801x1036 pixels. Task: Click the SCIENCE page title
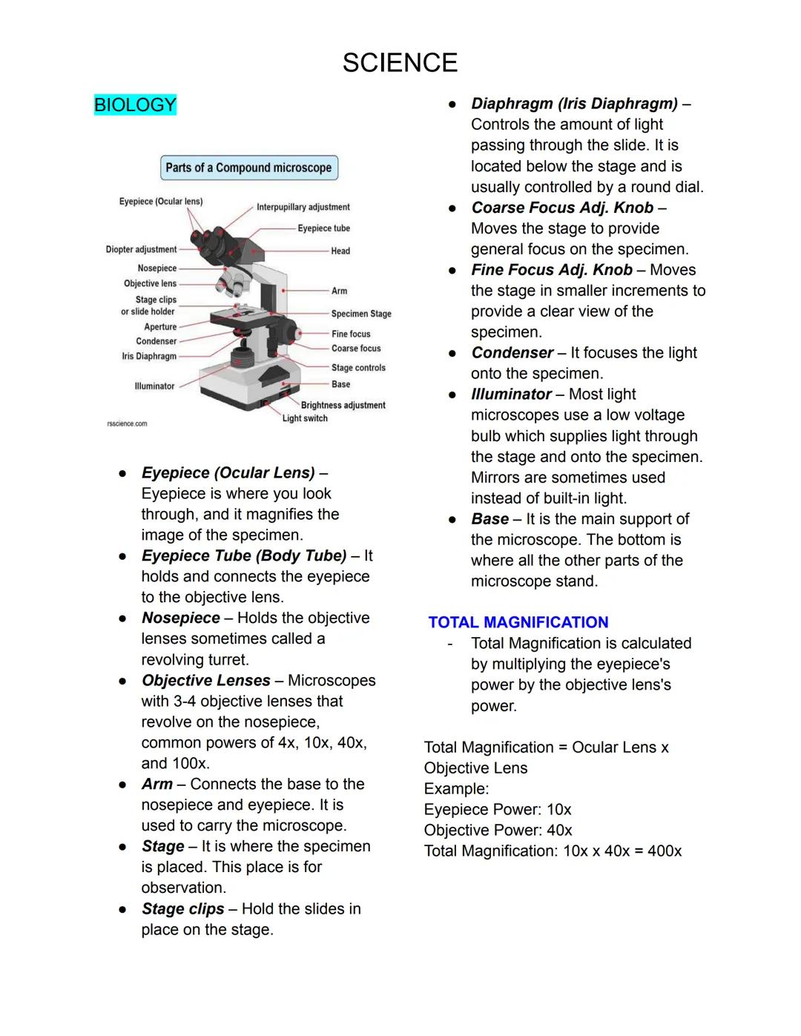coord(400,63)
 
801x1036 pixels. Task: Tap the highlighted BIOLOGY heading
coord(135,105)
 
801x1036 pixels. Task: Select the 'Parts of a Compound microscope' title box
coord(248,168)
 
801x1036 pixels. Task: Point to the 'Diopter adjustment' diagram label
coord(141,250)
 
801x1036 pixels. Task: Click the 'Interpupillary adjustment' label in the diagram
coord(303,207)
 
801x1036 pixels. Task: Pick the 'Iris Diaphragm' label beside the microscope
coord(149,357)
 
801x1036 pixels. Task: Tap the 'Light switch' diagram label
coord(305,418)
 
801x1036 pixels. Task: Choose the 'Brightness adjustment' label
coord(343,405)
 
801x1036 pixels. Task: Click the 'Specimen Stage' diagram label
coord(361,314)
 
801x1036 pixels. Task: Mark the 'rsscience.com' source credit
coord(127,424)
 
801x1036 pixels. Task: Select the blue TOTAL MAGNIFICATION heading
coord(518,622)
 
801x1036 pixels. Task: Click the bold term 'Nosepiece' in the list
coord(180,618)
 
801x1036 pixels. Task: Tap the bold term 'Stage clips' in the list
coord(182,908)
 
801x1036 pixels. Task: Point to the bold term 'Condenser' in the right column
coord(512,353)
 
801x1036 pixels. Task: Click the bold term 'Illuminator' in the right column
coord(511,395)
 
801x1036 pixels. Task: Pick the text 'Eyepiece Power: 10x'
coord(497,809)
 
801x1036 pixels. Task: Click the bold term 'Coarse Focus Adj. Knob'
coord(562,208)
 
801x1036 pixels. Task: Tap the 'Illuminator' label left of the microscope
coord(154,386)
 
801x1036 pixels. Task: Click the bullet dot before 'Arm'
coord(122,785)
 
